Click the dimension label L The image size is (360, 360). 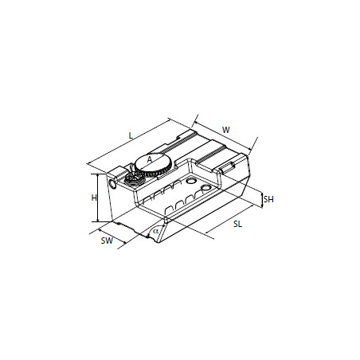(x=131, y=135)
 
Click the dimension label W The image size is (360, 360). (x=226, y=130)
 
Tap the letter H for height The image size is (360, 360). (x=94, y=198)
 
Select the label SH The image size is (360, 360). (x=268, y=199)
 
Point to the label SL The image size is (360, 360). (x=237, y=224)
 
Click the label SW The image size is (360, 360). (x=107, y=241)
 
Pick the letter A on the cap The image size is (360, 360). (x=150, y=159)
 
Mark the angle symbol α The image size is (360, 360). (x=155, y=231)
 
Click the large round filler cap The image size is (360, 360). (x=154, y=165)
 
